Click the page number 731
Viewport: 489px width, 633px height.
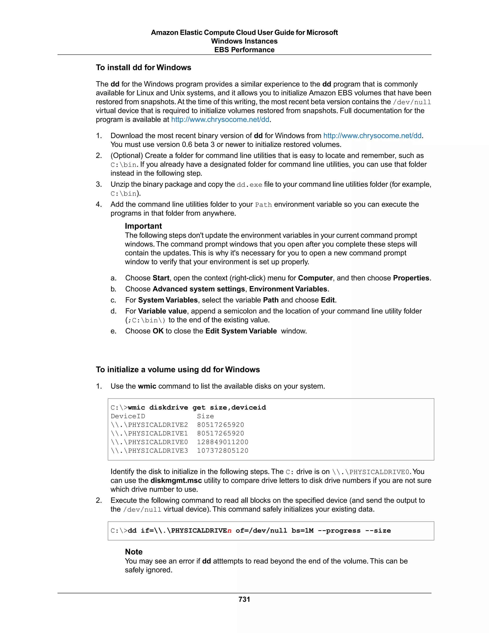(244, 599)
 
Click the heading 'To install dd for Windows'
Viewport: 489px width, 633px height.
(144, 68)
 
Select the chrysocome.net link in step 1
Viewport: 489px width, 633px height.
(372, 136)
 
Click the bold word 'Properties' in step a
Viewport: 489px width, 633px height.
(411, 278)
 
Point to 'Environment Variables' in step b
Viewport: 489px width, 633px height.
(288, 289)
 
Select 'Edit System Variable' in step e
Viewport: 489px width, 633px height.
(241, 331)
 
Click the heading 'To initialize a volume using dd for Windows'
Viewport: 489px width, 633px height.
(178, 370)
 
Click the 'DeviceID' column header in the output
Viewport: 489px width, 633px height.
(128, 416)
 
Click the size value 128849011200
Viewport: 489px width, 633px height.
(223, 442)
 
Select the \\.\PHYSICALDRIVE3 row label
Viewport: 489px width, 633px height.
(149, 451)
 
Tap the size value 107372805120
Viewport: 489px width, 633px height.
(223, 451)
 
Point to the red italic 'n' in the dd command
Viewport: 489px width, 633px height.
(229, 531)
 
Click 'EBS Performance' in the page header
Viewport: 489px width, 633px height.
(244, 50)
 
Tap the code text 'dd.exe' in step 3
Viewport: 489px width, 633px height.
(249, 185)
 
